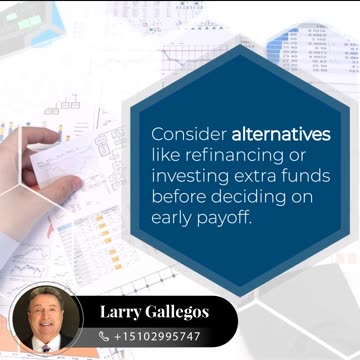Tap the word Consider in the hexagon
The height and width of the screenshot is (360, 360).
click(189, 134)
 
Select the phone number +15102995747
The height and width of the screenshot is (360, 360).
click(158, 336)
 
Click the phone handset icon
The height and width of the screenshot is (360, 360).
click(105, 336)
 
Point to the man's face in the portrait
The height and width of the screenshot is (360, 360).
click(46, 315)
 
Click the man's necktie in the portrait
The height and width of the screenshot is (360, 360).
click(45, 349)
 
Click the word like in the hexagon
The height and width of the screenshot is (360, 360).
click(166, 154)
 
